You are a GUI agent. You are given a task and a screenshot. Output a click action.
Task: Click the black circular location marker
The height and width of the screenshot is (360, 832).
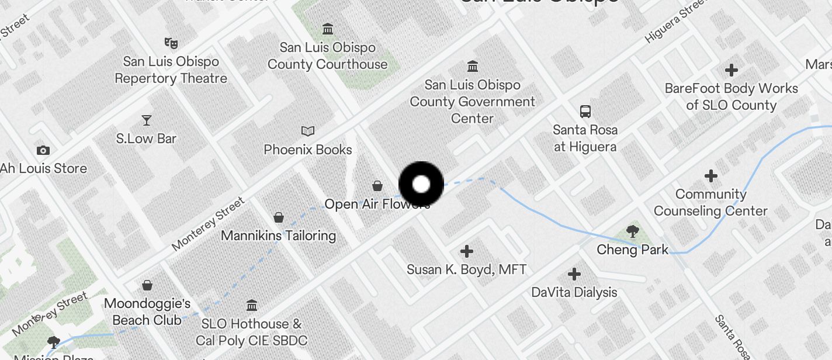click(x=421, y=185)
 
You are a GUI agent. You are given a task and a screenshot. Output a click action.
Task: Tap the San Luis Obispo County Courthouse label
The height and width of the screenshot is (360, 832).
click(x=327, y=56)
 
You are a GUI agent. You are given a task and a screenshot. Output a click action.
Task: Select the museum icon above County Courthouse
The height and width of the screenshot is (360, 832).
click(x=328, y=29)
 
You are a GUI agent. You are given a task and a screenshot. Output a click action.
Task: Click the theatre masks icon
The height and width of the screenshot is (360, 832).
click(x=171, y=43)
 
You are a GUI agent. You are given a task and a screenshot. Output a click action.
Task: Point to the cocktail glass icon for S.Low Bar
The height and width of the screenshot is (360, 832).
click(x=146, y=120)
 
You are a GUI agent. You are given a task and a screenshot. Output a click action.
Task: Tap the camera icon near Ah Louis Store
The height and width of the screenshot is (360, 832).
click(x=43, y=150)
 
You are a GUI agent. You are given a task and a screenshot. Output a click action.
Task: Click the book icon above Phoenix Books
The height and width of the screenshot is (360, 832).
click(x=308, y=131)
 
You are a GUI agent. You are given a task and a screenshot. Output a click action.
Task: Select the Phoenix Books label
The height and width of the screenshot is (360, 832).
click(x=308, y=150)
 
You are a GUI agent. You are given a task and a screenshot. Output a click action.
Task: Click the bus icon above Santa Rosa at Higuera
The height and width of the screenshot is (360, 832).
click(x=585, y=111)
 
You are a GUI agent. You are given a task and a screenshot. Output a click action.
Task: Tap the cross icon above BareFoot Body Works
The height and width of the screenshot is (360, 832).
click(x=731, y=70)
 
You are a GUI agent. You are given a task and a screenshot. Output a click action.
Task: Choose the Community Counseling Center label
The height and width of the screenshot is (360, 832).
click(x=710, y=202)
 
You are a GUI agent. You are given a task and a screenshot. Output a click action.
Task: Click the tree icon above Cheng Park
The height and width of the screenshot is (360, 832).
click(x=632, y=231)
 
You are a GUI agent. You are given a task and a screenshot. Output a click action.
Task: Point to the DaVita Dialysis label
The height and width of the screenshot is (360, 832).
click(x=574, y=292)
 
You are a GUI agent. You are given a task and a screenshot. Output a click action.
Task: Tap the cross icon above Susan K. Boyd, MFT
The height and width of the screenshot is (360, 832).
click(x=466, y=251)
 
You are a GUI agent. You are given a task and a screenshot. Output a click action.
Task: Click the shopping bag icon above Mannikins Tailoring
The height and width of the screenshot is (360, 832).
click(x=279, y=218)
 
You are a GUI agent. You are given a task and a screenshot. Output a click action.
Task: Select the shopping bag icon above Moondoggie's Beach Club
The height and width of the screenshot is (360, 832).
click(x=147, y=286)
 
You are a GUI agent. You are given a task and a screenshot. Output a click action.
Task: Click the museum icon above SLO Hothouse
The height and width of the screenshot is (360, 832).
click(x=252, y=305)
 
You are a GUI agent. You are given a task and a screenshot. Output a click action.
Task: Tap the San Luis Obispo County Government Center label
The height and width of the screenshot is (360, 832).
click(x=472, y=102)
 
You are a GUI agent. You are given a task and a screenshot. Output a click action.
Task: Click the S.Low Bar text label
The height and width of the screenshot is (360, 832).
click(x=146, y=139)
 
